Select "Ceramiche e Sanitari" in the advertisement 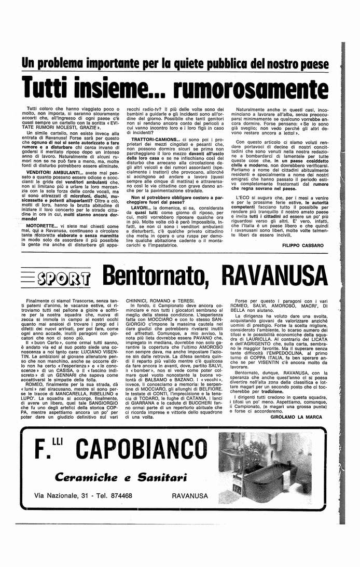coord(121,477)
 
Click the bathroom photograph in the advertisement coord(277,469)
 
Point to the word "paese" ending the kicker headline coord(313,65)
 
